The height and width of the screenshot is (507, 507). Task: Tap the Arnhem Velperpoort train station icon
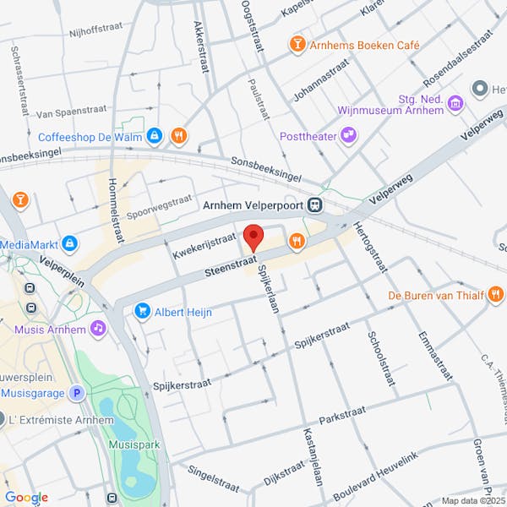314,204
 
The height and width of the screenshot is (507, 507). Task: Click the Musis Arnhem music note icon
99,327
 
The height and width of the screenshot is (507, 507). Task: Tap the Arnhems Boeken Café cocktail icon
297,43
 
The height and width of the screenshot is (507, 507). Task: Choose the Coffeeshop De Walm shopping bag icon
154,135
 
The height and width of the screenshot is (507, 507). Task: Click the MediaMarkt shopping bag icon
69,244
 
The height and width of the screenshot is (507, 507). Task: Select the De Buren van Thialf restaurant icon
495,295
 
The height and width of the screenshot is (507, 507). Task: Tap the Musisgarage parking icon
77,393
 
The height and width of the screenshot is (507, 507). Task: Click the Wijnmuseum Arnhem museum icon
456,103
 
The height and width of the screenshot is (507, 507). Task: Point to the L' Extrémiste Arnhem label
65,420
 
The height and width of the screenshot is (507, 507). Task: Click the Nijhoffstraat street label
97,28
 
